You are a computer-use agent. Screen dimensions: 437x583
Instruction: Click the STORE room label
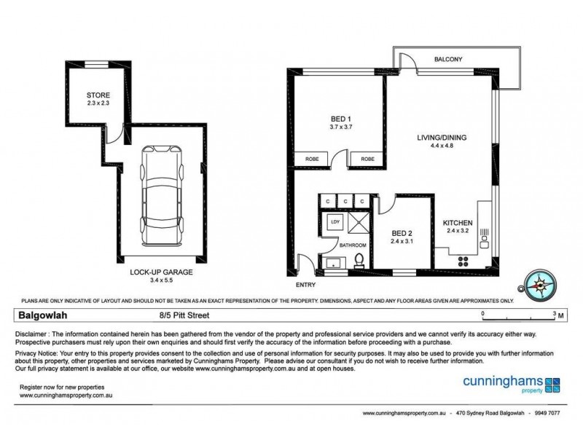pyautogui.click(x=98, y=95)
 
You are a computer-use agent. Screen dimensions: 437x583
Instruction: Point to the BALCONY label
pyautogui.click(x=448, y=60)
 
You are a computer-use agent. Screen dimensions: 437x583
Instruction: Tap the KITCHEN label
pyautogui.click(x=458, y=223)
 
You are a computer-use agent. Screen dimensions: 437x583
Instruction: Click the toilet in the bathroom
pyautogui.click(x=358, y=261)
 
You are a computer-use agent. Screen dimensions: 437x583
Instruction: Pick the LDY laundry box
pyautogui.click(x=336, y=221)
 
